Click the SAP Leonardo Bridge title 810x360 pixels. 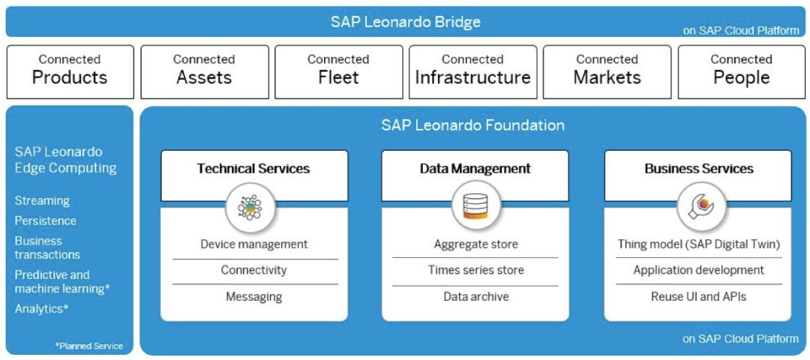[406, 22]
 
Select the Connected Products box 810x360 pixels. [70, 72]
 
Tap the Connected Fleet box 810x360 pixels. [338, 72]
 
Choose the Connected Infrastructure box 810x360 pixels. [472, 72]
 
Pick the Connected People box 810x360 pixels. [741, 72]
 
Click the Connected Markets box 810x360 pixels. [607, 72]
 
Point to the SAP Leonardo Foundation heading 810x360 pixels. [472, 125]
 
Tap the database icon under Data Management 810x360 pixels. [475, 206]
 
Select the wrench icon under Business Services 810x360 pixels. [701, 206]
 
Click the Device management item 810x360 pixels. [254, 244]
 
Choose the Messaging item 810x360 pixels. [254, 296]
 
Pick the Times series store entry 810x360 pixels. [475, 269]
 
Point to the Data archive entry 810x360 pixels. [475, 296]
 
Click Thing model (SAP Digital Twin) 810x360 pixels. [698, 244]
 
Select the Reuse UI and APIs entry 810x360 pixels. [698, 296]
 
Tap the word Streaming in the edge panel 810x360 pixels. [42, 201]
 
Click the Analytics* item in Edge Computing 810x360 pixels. [42, 309]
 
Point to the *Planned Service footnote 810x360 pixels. [88, 346]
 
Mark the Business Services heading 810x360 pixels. [698, 169]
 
